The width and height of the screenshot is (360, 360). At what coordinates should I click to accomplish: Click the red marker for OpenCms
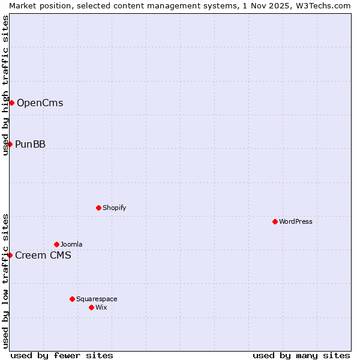click(x=11, y=103)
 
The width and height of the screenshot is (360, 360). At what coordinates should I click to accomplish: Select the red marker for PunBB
click(x=10, y=144)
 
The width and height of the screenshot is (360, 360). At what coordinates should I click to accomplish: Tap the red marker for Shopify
click(x=98, y=208)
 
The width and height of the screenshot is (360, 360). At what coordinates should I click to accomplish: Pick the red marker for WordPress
click(x=275, y=221)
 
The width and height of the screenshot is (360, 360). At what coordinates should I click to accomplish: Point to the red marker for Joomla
click(x=56, y=244)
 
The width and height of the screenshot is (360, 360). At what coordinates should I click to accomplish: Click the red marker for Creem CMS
click(x=10, y=255)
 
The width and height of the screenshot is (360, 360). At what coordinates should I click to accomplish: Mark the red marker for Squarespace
click(x=72, y=299)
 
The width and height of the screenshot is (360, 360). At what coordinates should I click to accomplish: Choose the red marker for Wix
click(x=91, y=307)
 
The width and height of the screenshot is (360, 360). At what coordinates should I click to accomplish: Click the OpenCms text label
click(x=40, y=103)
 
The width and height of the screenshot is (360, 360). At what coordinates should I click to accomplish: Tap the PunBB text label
click(x=30, y=144)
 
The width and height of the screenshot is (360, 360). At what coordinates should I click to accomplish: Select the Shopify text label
click(x=114, y=208)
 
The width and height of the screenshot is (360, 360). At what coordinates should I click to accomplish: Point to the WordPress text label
click(x=295, y=221)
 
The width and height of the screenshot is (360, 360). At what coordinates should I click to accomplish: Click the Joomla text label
click(x=71, y=244)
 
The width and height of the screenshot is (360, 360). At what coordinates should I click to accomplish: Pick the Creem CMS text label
click(x=43, y=255)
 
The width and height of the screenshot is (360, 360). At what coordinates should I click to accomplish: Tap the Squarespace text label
click(x=97, y=299)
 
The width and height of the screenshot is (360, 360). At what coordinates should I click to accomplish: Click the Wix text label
click(x=101, y=307)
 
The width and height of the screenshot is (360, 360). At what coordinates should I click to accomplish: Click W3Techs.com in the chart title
click(x=326, y=5)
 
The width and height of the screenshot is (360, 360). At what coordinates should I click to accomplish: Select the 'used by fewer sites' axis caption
click(x=62, y=355)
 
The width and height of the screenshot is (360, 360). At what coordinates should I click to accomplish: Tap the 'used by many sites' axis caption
click(x=301, y=355)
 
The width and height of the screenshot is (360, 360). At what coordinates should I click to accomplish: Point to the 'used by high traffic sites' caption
click(x=5, y=85)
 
